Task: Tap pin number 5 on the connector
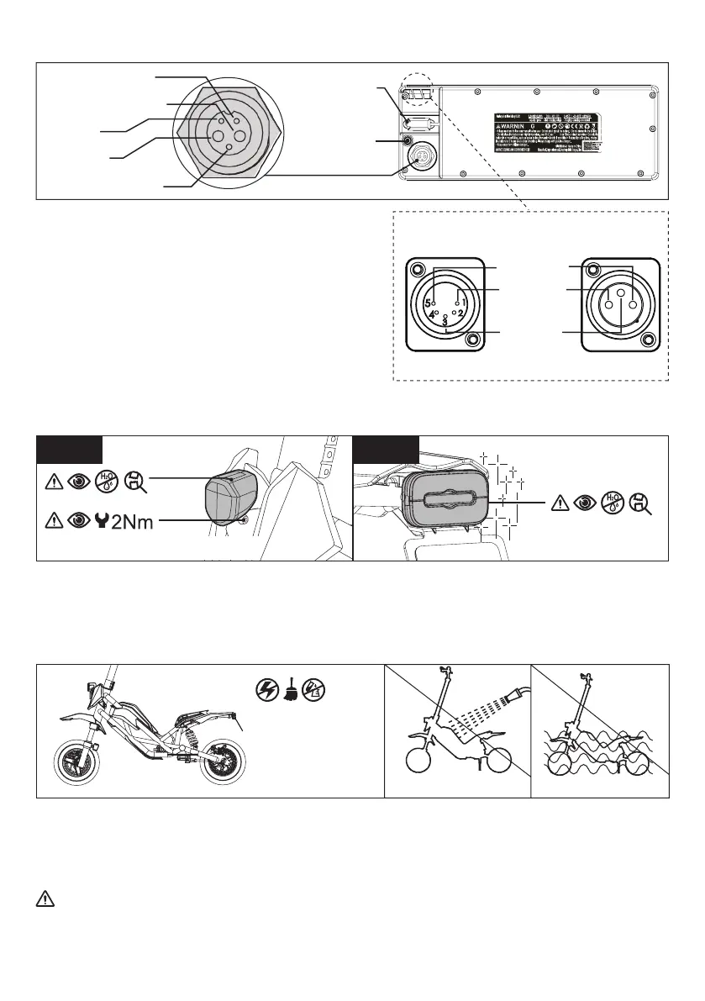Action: tap(428, 303)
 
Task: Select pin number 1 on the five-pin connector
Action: tap(462, 302)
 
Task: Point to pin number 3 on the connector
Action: tap(445, 320)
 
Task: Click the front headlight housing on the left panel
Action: tap(229, 498)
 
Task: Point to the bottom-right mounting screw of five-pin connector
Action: tap(475, 339)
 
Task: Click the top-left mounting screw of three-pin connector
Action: tap(593, 270)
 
